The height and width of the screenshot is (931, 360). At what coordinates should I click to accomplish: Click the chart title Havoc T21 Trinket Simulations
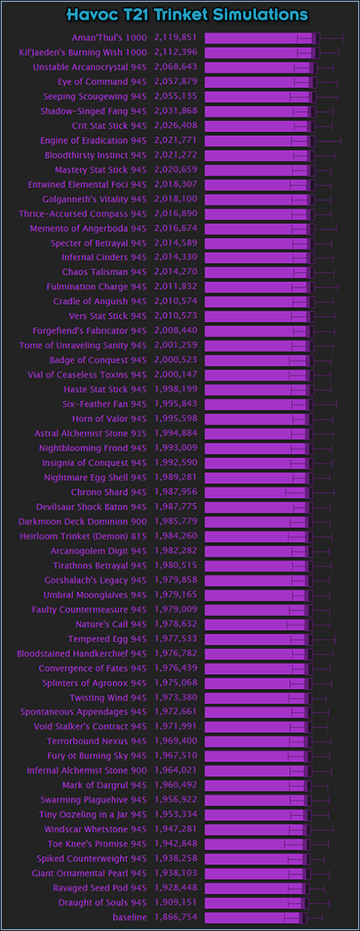(187, 15)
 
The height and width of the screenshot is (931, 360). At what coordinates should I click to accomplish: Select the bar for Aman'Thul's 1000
(262, 38)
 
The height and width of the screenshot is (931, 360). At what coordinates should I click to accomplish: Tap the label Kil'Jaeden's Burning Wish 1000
(83, 52)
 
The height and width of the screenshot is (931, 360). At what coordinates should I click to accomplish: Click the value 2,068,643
(176, 67)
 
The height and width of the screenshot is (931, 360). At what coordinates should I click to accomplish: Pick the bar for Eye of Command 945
(261, 82)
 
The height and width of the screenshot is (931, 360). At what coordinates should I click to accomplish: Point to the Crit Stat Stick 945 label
(109, 126)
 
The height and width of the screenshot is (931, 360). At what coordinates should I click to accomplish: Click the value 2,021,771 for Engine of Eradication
(176, 140)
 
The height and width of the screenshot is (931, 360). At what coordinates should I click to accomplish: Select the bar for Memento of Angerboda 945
(259, 229)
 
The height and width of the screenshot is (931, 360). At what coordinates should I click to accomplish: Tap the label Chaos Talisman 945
(104, 272)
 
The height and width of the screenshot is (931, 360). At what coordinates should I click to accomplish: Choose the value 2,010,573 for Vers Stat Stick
(176, 316)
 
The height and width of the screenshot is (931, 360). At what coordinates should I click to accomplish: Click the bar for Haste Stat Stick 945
(259, 390)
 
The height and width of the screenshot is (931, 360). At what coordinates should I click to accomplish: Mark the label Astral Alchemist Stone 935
(90, 434)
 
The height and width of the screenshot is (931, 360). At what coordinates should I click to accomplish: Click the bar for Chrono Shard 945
(259, 493)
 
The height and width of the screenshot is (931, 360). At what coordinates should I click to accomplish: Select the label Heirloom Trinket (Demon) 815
(83, 536)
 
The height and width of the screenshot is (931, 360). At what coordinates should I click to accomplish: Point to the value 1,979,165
(176, 595)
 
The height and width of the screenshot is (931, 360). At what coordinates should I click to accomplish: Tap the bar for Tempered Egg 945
(259, 639)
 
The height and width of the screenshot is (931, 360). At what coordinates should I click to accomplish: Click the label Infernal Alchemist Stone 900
(87, 771)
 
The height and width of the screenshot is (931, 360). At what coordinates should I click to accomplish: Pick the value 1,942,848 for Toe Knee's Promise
(176, 843)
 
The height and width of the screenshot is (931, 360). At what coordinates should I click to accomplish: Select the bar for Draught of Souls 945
(257, 902)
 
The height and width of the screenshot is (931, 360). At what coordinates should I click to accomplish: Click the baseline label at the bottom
(130, 917)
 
